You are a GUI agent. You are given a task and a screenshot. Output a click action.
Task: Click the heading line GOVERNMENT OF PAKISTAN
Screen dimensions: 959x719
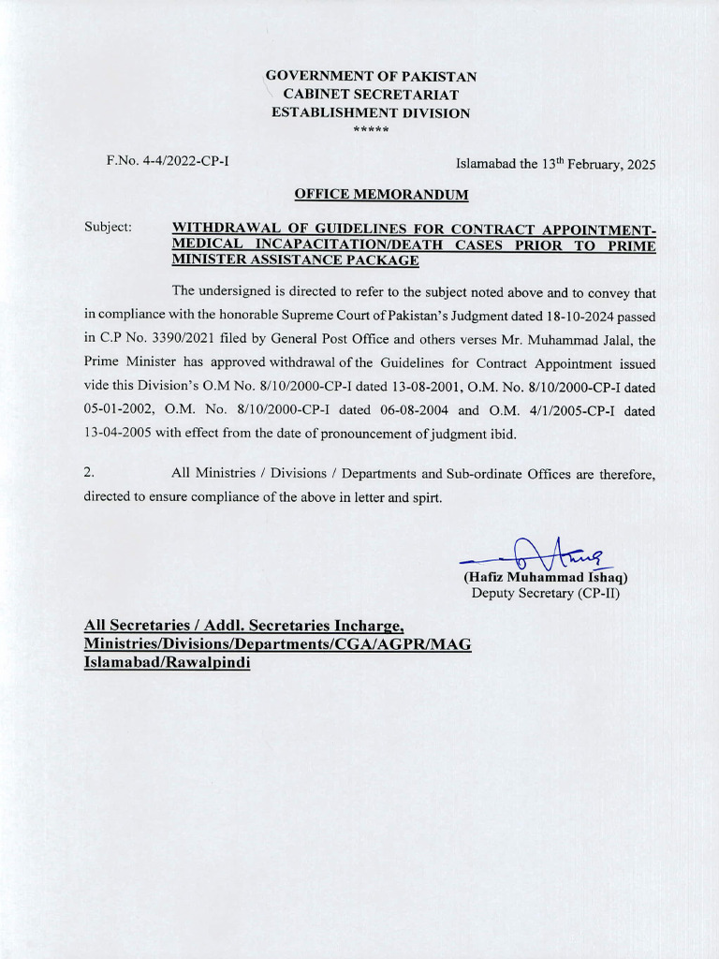(371, 76)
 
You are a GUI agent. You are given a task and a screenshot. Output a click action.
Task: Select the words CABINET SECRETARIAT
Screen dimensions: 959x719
(371, 95)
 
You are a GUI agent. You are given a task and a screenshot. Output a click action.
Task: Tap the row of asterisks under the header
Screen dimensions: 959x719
(371, 129)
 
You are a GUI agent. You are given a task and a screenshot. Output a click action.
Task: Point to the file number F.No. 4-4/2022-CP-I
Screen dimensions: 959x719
(169, 161)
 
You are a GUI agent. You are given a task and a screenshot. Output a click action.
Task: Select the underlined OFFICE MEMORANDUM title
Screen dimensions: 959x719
(381, 195)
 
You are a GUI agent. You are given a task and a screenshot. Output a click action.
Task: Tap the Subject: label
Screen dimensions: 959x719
(108, 228)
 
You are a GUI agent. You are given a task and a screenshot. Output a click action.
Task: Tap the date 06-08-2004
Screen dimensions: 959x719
(404, 411)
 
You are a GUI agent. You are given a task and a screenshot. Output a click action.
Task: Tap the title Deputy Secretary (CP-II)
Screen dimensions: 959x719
(545, 593)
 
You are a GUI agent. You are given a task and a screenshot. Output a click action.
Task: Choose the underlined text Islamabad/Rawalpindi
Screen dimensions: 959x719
(167, 662)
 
